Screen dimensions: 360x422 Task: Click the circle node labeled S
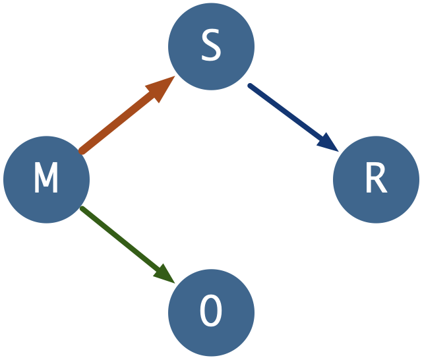(211, 33)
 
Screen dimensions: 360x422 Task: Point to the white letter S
(211, 47)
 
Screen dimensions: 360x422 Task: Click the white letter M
(46, 179)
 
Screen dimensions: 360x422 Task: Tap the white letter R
(376, 179)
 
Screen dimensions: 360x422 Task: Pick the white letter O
(211, 313)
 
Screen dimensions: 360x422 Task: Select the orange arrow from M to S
(119, 122)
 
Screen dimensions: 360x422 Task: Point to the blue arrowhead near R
(328, 142)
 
